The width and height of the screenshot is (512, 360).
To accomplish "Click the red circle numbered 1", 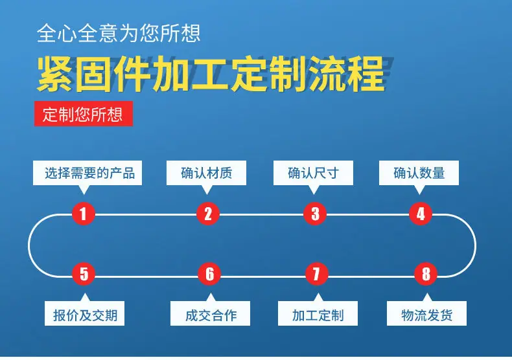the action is click(x=83, y=214).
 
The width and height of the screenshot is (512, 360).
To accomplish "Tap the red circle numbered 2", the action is click(x=208, y=214).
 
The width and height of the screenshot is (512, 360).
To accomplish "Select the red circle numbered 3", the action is click(x=315, y=214).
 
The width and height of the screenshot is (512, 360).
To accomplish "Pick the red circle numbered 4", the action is click(x=421, y=214).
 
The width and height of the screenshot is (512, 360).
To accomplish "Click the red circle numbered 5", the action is click(x=84, y=274).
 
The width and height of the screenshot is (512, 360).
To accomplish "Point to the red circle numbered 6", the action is click(x=209, y=274).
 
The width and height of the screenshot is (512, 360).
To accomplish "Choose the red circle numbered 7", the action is click(x=316, y=274).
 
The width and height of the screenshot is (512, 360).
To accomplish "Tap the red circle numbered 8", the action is click(x=426, y=274).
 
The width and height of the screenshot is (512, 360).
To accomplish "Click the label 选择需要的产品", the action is click(x=89, y=173).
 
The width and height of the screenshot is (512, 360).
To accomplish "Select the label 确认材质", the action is click(x=206, y=173).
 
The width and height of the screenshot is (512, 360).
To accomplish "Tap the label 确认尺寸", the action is click(x=313, y=173).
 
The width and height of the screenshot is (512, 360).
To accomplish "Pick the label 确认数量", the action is click(x=419, y=173).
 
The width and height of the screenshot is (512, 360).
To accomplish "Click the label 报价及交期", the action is click(x=85, y=315).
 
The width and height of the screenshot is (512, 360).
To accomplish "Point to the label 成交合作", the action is click(x=211, y=315).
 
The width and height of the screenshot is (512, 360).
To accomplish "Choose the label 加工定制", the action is click(x=318, y=315).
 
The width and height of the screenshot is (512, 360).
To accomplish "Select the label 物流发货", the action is click(x=427, y=315).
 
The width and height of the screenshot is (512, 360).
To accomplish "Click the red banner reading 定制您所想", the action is click(x=84, y=113).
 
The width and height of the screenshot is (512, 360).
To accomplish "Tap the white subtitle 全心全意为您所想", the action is click(x=119, y=33).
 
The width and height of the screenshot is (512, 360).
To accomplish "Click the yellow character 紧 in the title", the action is click(x=55, y=74).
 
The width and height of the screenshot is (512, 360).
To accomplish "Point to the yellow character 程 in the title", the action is click(x=366, y=74).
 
